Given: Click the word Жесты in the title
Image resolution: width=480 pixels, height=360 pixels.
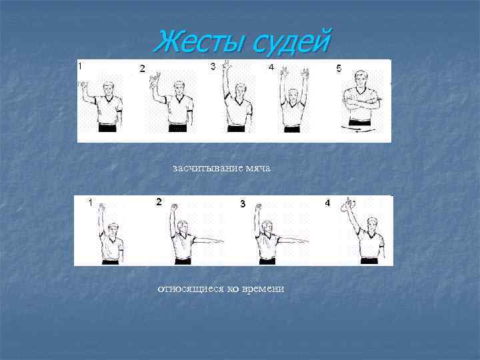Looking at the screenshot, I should (x=199, y=43).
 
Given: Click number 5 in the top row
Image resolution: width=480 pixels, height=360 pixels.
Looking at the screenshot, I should (x=339, y=68).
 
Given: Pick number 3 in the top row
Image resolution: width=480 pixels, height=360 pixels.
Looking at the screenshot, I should (x=213, y=66).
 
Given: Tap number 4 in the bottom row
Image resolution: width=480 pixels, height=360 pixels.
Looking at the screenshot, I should (x=327, y=203).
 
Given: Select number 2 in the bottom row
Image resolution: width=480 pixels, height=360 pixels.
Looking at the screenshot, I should (x=159, y=201).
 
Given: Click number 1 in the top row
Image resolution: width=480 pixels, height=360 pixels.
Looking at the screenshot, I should (x=81, y=66).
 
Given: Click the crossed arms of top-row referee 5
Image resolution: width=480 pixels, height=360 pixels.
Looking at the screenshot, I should (x=360, y=104).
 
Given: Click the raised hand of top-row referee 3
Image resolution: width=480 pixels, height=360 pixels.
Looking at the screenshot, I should (x=228, y=66).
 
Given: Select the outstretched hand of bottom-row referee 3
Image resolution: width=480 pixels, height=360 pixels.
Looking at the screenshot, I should (x=305, y=240).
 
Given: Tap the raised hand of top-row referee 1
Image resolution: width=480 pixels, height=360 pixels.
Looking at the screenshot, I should (x=83, y=85).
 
